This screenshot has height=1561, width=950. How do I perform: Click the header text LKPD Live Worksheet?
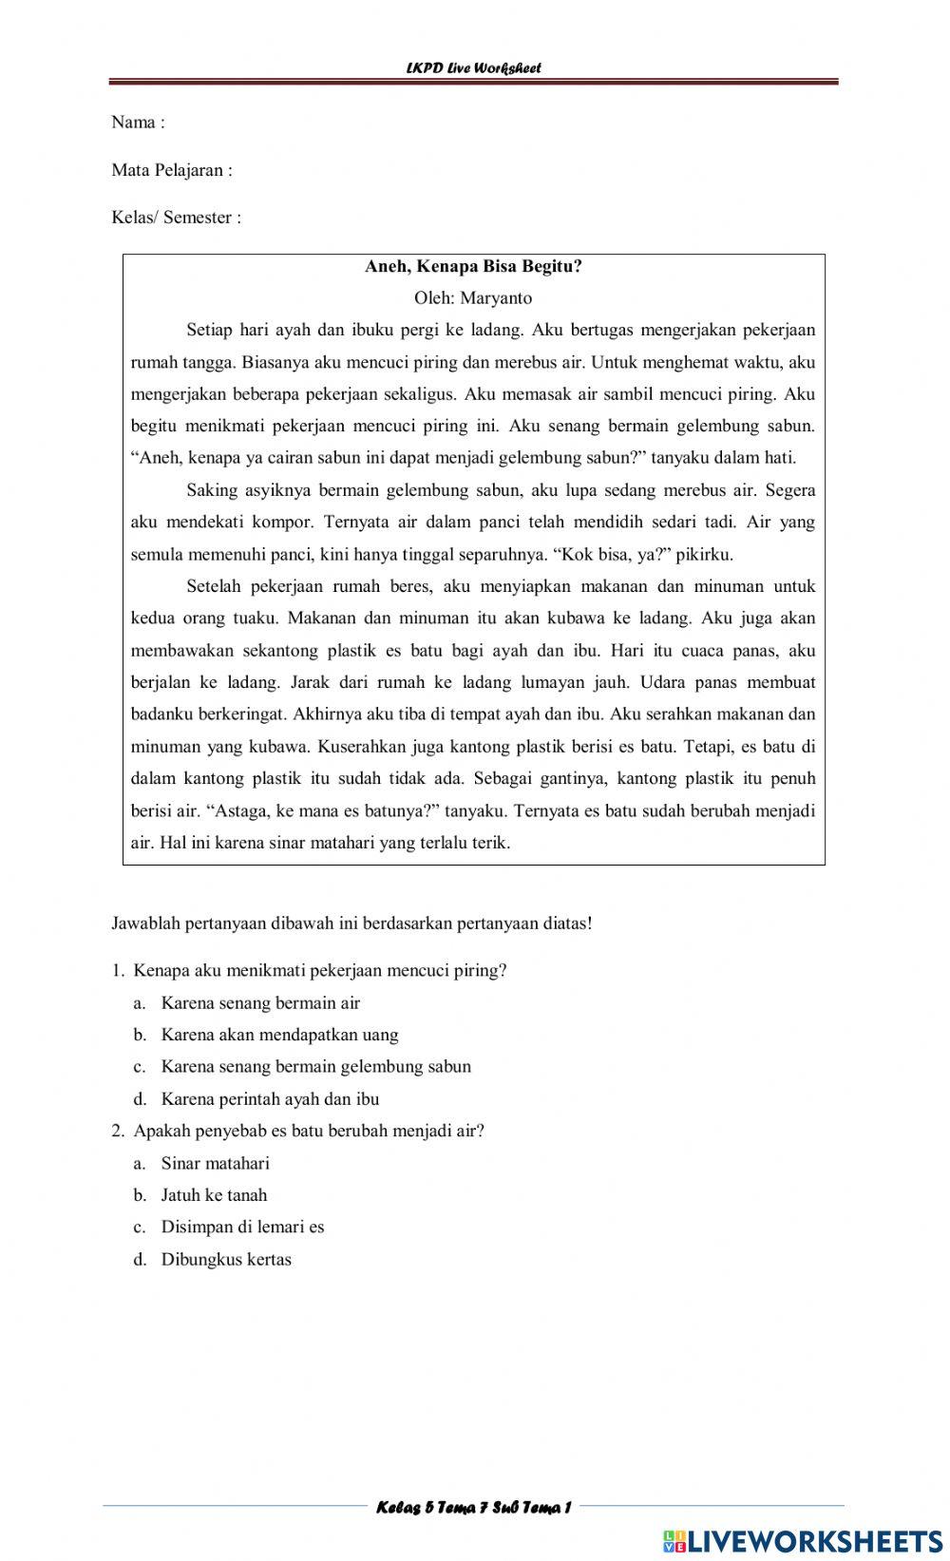point(473,68)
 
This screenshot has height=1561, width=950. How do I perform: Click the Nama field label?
point(138,123)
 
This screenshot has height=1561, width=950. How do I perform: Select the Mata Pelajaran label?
point(172,171)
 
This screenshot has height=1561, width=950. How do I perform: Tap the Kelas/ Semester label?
point(177,218)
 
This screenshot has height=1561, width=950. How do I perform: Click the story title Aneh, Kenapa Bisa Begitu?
point(473,267)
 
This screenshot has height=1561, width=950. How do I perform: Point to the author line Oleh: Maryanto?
point(473,298)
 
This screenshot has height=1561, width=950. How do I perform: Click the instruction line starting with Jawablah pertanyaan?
point(352,923)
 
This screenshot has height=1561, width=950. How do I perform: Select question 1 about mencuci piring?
point(320,971)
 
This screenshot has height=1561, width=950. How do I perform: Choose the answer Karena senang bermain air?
point(260,1003)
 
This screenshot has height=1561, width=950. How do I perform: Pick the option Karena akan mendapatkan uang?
point(279,1036)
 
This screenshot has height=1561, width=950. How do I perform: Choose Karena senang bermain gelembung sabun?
point(315,1067)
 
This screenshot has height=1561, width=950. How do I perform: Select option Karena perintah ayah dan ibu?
point(270,1099)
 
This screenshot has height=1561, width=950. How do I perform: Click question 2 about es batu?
point(309,1132)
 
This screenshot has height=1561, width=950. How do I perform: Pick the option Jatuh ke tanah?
point(214,1196)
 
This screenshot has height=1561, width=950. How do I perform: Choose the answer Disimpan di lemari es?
point(242,1228)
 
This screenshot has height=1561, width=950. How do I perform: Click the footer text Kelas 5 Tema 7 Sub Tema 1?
point(473,1508)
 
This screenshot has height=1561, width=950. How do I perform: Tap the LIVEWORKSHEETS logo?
point(803,1541)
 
